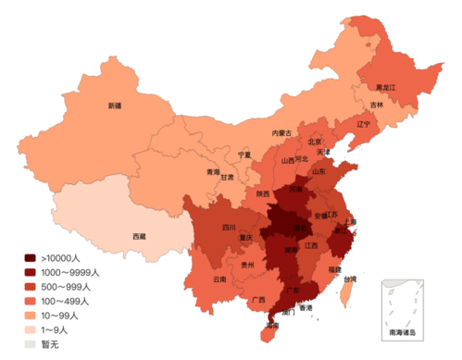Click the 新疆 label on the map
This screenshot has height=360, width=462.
[115, 106]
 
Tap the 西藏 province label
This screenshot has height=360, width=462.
[140, 237]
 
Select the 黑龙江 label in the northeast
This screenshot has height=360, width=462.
[385, 86]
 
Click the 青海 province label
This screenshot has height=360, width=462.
[213, 172]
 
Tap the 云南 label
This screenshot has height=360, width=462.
[219, 278]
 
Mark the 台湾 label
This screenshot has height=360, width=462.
[349, 279]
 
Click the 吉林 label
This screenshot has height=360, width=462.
[377, 105]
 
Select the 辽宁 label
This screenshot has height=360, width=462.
[363, 123]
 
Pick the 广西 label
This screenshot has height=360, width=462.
[258, 300]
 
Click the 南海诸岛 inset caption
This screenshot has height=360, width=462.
[403, 330]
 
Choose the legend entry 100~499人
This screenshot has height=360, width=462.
[65, 301]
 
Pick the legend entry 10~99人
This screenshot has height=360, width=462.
[62, 316]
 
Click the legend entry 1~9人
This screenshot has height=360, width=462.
[57, 329]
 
